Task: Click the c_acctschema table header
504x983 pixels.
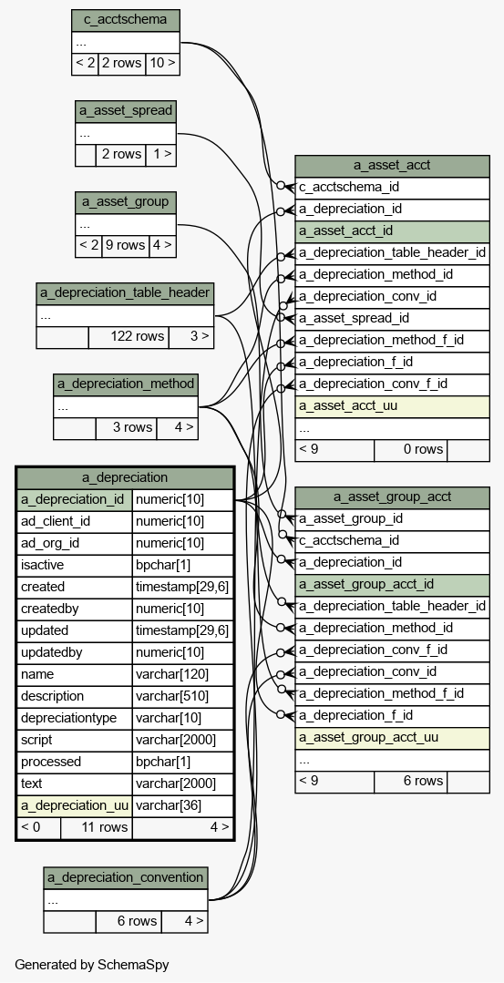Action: pyautogui.click(x=126, y=20)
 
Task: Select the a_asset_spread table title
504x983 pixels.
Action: pyautogui.click(x=126, y=111)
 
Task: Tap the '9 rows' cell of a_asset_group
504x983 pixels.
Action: pyautogui.click(x=126, y=245)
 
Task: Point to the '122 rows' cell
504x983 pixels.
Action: pyautogui.click(x=129, y=337)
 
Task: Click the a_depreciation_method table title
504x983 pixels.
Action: pyautogui.click(x=126, y=384)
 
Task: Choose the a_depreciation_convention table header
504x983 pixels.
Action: pyautogui.click(x=126, y=877)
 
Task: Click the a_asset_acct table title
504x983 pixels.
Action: pyautogui.click(x=393, y=166)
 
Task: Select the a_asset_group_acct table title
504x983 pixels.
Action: pyautogui.click(x=393, y=497)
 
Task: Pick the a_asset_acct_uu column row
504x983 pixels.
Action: pyautogui.click(x=393, y=406)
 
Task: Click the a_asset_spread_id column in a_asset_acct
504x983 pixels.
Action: pyautogui.click(x=393, y=319)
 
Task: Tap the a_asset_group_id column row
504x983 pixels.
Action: pyautogui.click(x=393, y=519)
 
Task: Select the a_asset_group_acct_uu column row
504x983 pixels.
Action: pyautogui.click(x=393, y=738)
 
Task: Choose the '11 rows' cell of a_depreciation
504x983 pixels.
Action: pyautogui.click(x=97, y=827)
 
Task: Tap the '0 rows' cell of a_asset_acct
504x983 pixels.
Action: pyautogui.click(x=411, y=450)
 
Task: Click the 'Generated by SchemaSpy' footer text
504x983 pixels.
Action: pyautogui.click(x=91, y=965)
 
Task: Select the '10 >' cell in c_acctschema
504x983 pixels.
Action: pyautogui.click(x=162, y=64)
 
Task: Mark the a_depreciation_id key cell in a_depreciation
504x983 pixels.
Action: pyautogui.click(x=75, y=500)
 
